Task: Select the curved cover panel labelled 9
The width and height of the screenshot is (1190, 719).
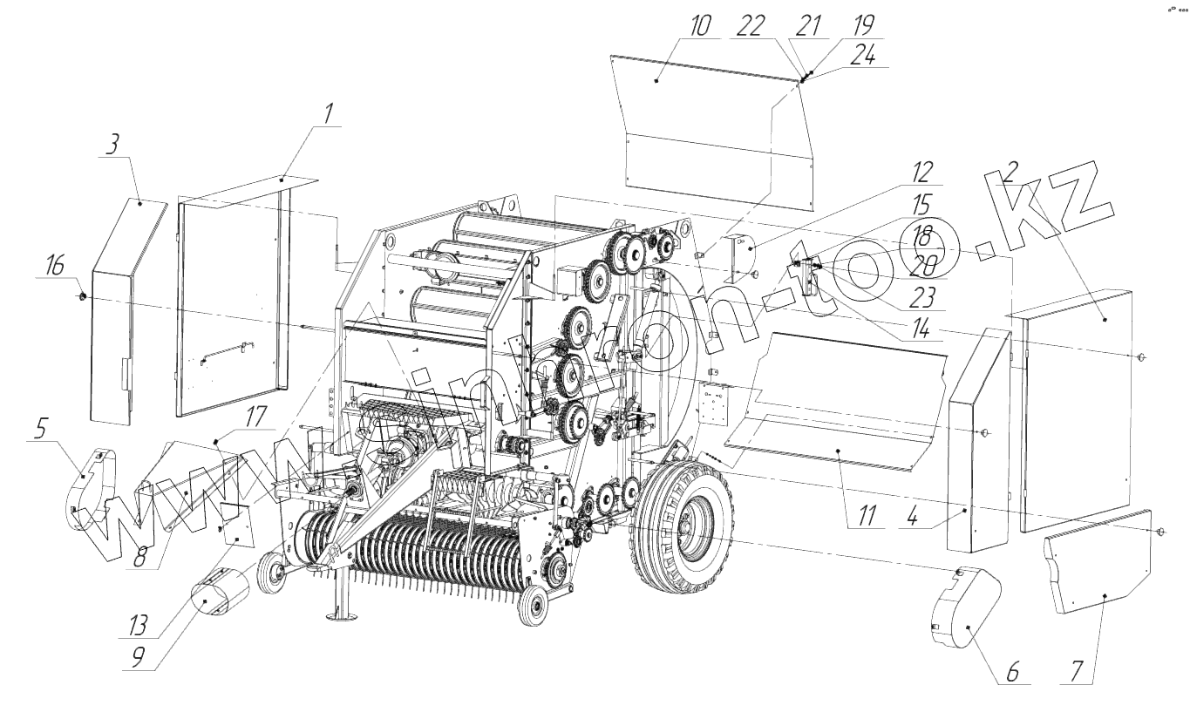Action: click(214, 593)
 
